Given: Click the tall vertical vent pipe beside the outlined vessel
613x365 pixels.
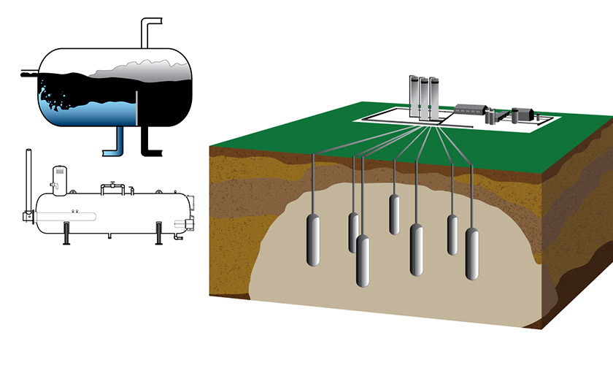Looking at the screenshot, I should click(29, 182).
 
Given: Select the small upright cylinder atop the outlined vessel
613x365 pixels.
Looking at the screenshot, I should click(58, 178).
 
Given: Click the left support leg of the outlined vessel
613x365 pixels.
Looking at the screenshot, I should click(67, 233).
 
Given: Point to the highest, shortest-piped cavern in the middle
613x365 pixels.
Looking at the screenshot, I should click(395, 215).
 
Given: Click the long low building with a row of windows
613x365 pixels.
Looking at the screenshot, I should click(474, 110).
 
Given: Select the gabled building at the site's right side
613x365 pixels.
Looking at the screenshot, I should click(523, 115).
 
